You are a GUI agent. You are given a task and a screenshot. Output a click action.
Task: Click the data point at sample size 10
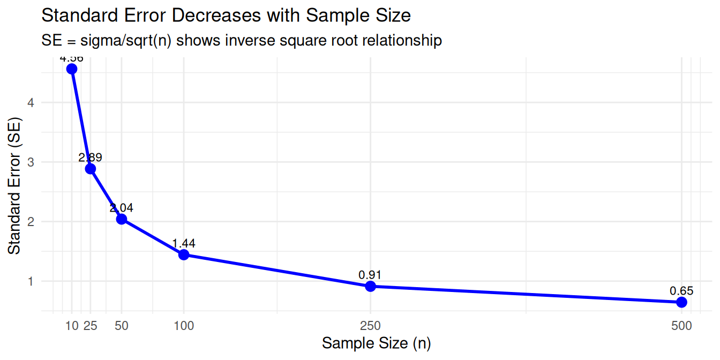click(71, 69)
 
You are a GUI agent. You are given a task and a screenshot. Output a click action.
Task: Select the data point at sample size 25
click(90, 169)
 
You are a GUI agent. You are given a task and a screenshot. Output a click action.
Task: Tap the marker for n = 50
click(121, 219)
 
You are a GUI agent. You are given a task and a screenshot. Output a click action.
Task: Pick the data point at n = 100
click(184, 254)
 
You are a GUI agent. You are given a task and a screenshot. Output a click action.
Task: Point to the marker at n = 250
click(370, 286)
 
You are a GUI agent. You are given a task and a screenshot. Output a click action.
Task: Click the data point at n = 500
click(681, 302)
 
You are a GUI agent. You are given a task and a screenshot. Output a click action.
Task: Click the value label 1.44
click(184, 243)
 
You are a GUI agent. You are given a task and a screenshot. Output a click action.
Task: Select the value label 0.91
click(370, 275)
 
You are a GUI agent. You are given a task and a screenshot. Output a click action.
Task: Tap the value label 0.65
click(681, 291)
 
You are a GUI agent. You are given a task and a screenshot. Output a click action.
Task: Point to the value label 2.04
click(121, 208)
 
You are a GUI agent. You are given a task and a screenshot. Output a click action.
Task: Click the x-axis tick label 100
click(184, 325)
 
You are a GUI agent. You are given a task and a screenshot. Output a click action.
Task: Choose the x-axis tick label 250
click(370, 325)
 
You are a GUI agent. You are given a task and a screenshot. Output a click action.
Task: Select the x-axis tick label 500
click(681, 325)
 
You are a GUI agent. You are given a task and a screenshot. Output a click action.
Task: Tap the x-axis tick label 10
click(71, 325)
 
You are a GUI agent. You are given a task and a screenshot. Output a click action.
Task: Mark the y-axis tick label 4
click(32, 102)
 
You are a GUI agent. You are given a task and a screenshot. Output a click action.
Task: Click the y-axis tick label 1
click(32, 281)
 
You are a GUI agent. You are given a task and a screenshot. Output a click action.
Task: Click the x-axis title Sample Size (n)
click(376, 343)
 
